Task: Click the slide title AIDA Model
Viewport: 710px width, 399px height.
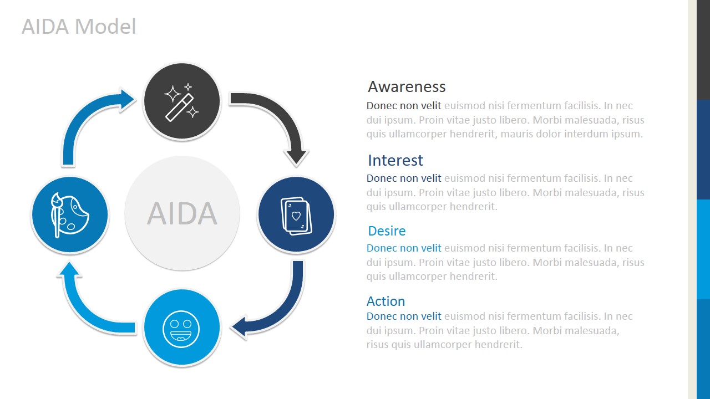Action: (x=79, y=27)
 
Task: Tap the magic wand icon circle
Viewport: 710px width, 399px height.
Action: (x=182, y=101)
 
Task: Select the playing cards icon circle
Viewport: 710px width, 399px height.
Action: (x=296, y=214)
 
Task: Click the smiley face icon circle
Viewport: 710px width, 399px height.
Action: (x=182, y=328)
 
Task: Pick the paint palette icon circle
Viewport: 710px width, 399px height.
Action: (x=69, y=214)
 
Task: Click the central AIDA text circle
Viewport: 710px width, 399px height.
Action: (x=182, y=213)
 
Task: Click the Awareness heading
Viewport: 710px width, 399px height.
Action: (x=407, y=86)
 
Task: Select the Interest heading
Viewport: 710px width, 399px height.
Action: (x=395, y=160)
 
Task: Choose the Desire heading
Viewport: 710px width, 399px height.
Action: (x=387, y=231)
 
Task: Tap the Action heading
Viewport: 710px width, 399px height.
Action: (x=386, y=301)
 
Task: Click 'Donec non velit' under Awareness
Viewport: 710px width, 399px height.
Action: (x=404, y=106)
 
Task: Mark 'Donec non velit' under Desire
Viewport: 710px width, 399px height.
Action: (x=404, y=248)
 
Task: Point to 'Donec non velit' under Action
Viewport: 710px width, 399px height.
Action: (x=404, y=316)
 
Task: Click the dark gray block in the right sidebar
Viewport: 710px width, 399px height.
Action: (x=703, y=50)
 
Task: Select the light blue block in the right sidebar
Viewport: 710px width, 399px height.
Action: (x=703, y=249)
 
